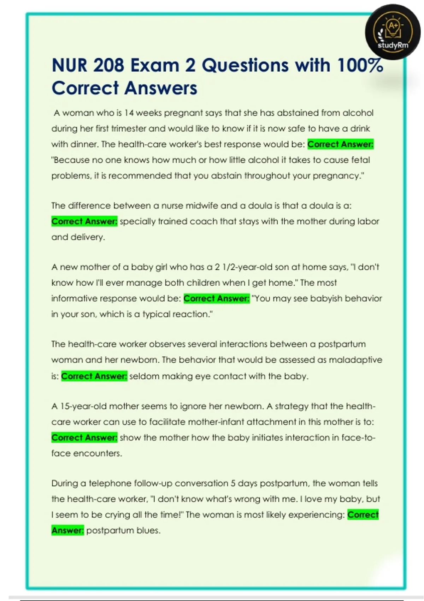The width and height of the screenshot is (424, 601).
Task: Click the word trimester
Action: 129,128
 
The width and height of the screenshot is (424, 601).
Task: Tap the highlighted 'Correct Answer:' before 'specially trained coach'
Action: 84,221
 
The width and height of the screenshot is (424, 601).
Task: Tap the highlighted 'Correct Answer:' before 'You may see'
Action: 216,298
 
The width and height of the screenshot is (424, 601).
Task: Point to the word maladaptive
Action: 355,360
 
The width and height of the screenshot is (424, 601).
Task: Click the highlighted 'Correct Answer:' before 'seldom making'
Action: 94,376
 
